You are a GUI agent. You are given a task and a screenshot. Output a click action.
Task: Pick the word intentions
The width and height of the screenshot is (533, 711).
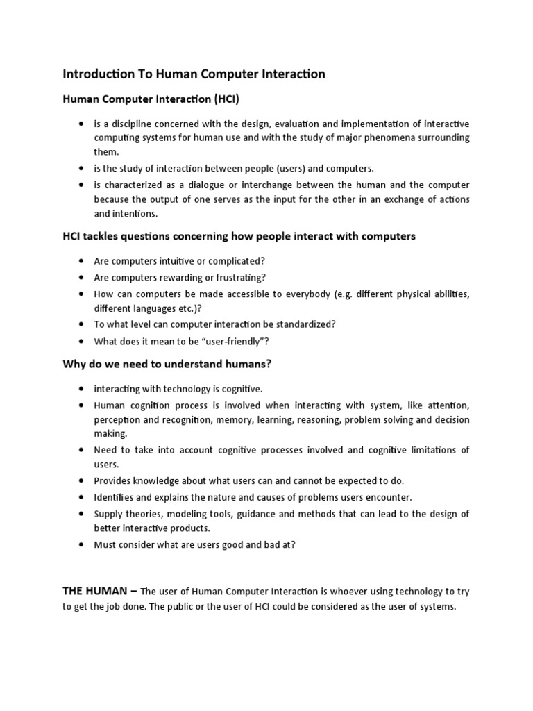click(x=135, y=214)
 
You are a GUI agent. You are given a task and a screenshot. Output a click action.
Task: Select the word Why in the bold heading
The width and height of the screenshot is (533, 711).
click(x=74, y=364)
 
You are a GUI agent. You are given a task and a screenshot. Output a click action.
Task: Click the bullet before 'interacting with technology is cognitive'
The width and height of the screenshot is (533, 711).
click(x=81, y=389)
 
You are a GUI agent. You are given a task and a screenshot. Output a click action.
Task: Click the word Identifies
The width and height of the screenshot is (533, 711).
click(x=115, y=497)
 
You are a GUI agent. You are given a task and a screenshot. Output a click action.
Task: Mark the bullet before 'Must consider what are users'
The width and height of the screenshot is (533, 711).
click(x=81, y=544)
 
